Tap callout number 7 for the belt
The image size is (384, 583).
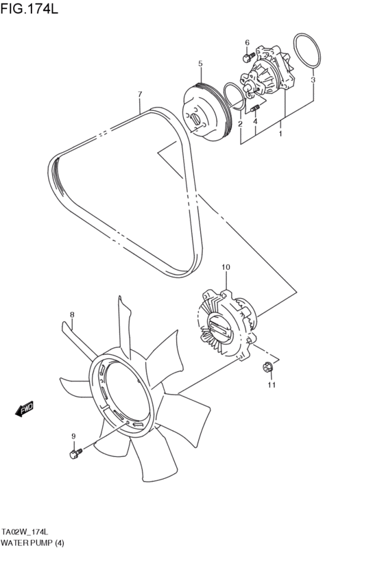[x=139, y=94]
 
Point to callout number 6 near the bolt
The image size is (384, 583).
[x=247, y=42]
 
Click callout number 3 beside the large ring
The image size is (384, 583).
[x=313, y=80]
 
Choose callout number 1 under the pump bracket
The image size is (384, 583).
[x=280, y=134]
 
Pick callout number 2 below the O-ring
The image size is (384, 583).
[x=240, y=124]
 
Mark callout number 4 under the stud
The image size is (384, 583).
[x=255, y=122]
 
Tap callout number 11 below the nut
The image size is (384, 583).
[x=271, y=385]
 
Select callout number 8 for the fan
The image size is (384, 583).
[x=71, y=315]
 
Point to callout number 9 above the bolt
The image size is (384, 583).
[x=73, y=436]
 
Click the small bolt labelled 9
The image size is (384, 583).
[x=75, y=453]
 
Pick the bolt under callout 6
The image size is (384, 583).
[x=249, y=58]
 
